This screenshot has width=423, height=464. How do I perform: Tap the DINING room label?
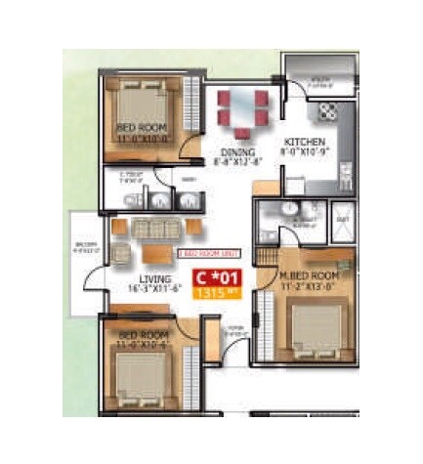coord(237,153)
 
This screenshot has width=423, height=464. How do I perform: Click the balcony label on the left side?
coord(86,245)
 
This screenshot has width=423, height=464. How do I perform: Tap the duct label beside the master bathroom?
coord(342,220)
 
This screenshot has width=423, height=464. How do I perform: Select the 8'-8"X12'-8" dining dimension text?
coord(237,164)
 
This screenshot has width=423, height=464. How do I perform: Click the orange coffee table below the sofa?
coord(155,253)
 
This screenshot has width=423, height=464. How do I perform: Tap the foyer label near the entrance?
coord(235,330)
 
